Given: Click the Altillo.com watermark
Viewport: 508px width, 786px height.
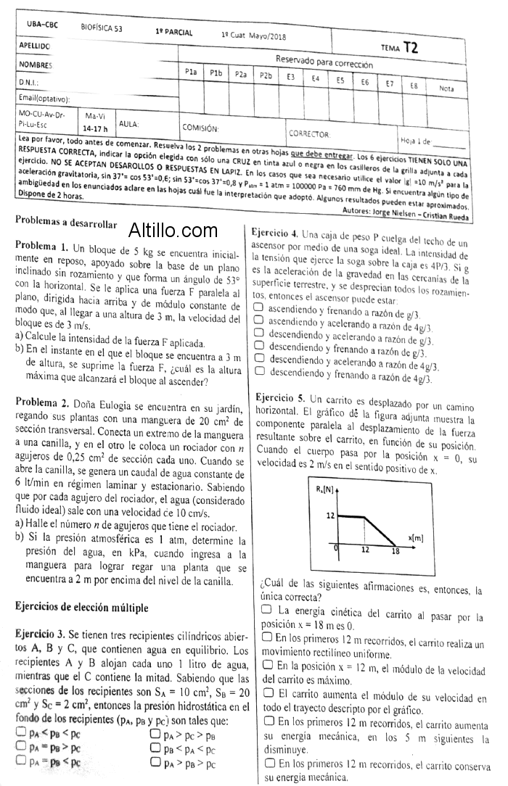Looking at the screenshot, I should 173,231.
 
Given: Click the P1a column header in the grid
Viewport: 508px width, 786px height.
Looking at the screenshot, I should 191,72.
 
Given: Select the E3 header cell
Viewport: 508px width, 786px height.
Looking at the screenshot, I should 290,76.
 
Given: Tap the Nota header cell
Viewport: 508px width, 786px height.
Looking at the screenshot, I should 446,88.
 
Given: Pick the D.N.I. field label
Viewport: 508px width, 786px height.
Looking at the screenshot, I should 29,83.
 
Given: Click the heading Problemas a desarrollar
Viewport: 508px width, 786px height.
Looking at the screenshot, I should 66,220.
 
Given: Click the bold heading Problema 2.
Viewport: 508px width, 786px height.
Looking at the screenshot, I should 42,402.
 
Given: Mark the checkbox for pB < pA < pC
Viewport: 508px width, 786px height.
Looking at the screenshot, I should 155,748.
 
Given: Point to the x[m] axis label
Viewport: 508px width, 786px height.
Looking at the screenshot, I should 415,537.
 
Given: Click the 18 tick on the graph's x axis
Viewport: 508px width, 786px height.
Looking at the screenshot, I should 395,551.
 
